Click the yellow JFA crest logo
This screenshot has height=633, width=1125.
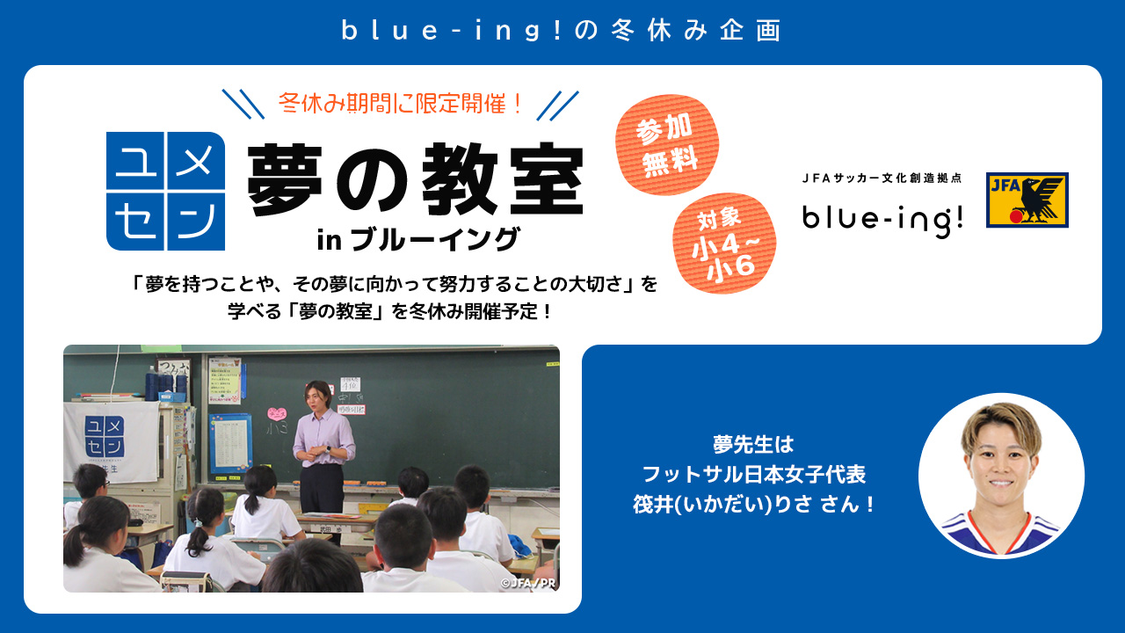tap(1027, 200)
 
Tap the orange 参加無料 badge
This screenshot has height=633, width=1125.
tap(667, 145)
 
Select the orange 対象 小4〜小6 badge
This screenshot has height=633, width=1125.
tap(725, 244)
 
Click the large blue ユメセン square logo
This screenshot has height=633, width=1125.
tap(166, 191)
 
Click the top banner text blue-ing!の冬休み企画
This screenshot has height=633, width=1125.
tap(562, 31)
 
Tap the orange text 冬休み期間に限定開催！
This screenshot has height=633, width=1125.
tap(401, 103)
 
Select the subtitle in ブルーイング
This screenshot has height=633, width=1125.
tap(417, 240)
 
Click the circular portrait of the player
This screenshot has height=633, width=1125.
tap(1001, 476)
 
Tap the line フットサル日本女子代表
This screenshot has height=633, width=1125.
tap(754, 474)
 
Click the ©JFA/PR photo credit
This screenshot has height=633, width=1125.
tap(528, 583)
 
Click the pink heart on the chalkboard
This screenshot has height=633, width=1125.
tap(277, 414)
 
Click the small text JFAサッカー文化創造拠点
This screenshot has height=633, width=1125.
tap(882, 178)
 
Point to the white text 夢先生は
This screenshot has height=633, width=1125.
tap(754, 444)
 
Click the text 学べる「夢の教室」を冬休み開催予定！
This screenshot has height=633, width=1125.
tap(390, 311)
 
